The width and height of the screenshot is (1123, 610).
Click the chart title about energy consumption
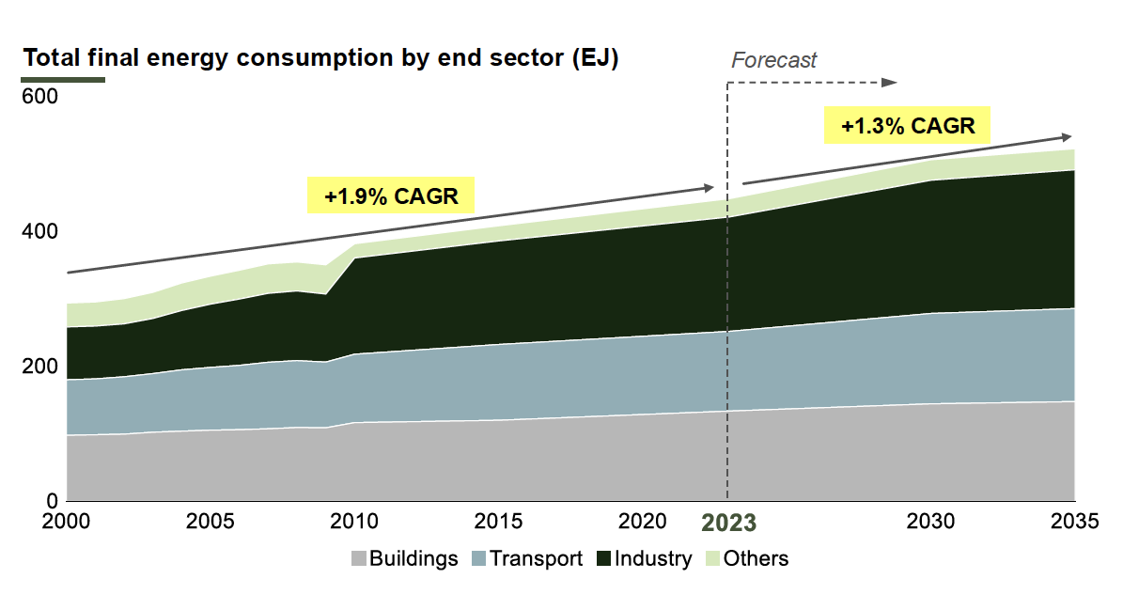pos(320,57)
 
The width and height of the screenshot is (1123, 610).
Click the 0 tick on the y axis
pos(52,500)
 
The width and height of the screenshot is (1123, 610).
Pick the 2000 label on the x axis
pos(66,521)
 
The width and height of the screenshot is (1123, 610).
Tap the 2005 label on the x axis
pos(211,521)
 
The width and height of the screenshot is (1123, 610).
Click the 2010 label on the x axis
pos(355,521)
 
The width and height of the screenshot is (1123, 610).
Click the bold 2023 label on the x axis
pos(729,523)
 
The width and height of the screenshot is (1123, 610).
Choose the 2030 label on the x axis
pos(931,521)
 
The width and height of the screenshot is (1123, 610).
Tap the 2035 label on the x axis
pos(1074,521)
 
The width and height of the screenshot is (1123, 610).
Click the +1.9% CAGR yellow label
pos(391,197)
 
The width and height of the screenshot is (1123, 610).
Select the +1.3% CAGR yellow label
pos(908,126)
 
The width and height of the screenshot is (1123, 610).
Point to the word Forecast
pos(774,60)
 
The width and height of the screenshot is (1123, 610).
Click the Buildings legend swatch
pos(358,559)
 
